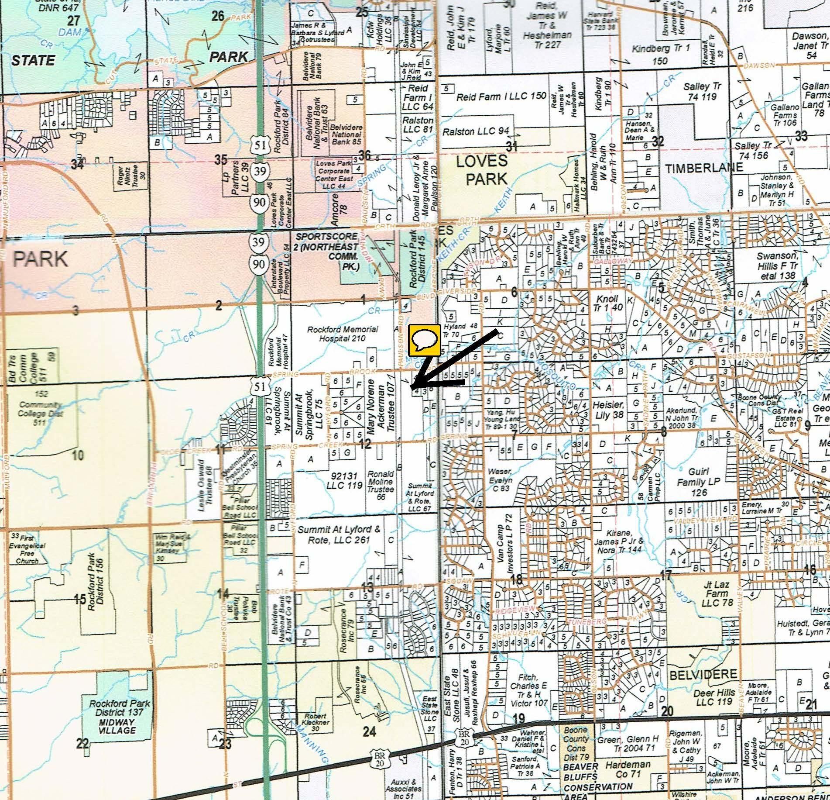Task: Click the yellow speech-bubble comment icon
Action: pyautogui.click(x=424, y=339)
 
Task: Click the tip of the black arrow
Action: pyautogui.click(x=411, y=387)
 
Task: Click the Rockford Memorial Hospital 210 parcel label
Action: pyautogui.click(x=343, y=334)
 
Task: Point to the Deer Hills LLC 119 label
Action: pyautogui.click(x=714, y=697)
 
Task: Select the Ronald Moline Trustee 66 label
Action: pyautogui.click(x=380, y=484)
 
